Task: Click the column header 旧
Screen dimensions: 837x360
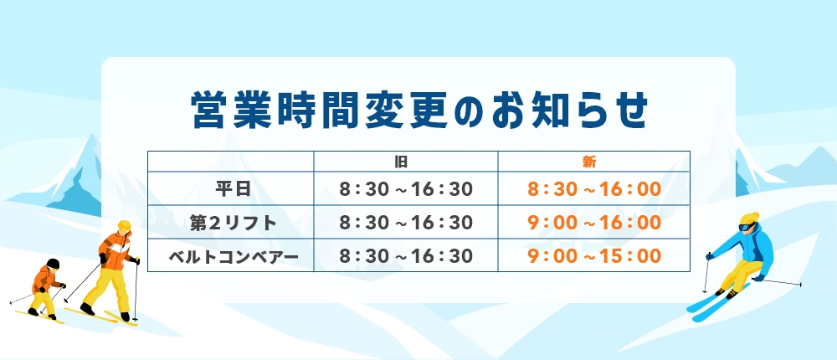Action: [x=401, y=162]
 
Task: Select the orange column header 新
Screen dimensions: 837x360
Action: [x=588, y=162]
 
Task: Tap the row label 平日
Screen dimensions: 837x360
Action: [x=234, y=189]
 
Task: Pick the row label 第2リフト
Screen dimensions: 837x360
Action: [x=234, y=223]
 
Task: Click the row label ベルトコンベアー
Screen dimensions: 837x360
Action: [x=234, y=256]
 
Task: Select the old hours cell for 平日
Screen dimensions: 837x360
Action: [x=406, y=189]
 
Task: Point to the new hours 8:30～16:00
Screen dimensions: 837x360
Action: [x=594, y=189]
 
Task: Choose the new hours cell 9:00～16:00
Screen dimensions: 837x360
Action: [x=594, y=223]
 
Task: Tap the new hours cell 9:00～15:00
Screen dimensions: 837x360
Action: [x=594, y=256]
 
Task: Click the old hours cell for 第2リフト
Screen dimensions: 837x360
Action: [x=406, y=223]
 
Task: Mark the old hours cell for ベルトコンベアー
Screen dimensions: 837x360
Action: [x=406, y=256]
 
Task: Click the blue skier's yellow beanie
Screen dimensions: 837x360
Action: [x=750, y=219]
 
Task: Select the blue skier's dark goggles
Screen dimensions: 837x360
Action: [x=747, y=227]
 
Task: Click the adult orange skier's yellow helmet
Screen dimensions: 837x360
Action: [x=125, y=225]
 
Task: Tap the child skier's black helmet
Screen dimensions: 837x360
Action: [x=53, y=264]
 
